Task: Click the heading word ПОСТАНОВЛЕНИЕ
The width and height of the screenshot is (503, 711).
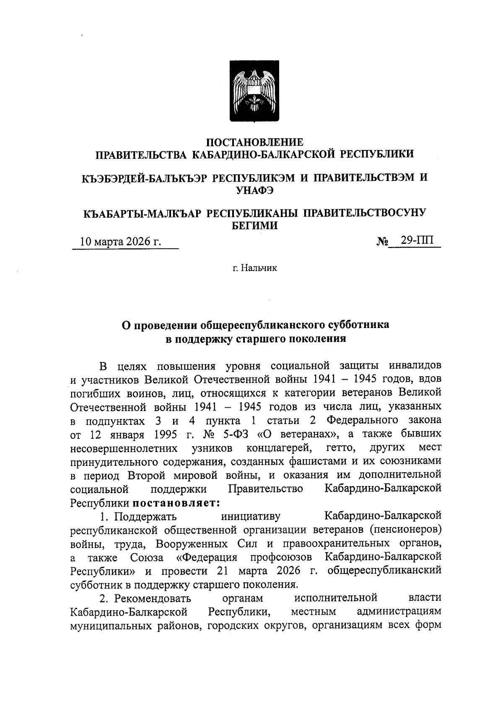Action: (x=255, y=142)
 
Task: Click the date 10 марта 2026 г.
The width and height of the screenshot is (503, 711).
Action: (x=121, y=242)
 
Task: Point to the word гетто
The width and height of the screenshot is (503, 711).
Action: (x=341, y=447)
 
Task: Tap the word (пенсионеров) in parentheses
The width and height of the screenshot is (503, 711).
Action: (x=406, y=530)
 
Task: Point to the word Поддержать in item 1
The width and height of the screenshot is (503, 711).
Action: (x=146, y=516)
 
